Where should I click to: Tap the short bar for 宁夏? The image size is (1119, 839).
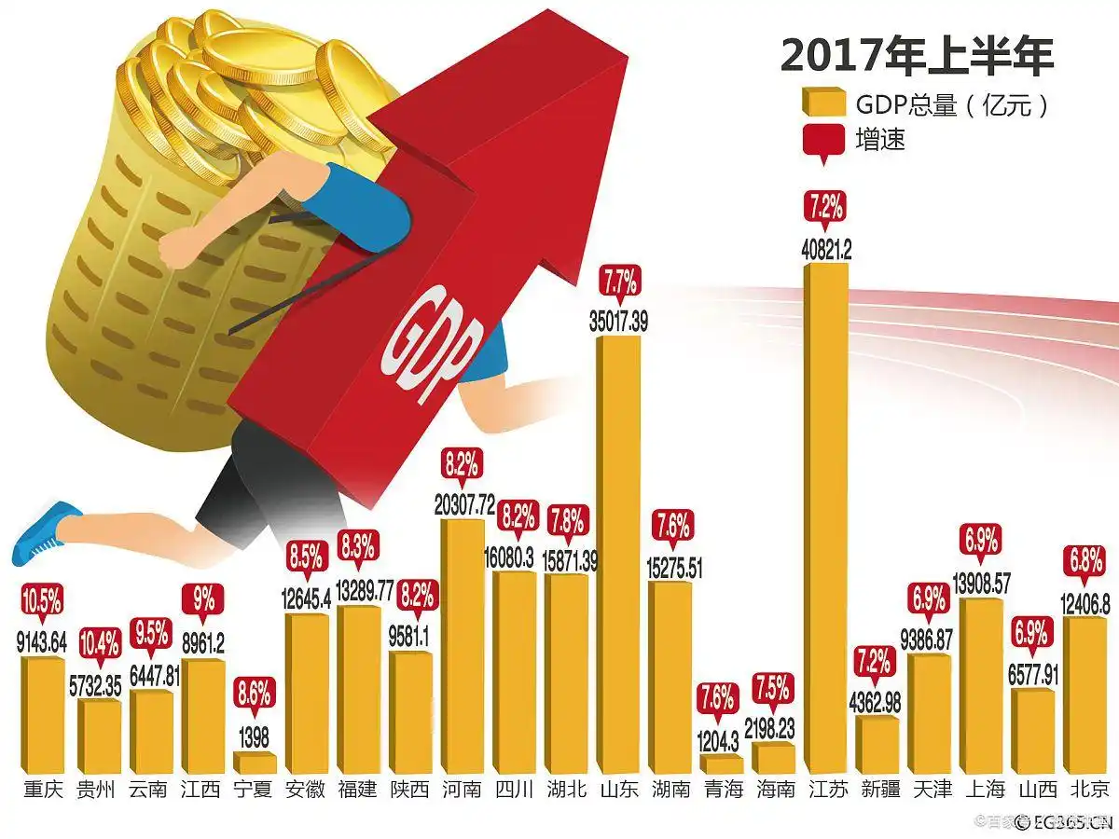[255, 763]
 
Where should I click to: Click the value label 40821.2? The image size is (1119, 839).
[826, 249]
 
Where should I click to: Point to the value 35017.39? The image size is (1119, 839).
[618, 322]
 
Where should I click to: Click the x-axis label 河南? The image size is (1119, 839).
[463, 790]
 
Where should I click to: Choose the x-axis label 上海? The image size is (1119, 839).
[981, 790]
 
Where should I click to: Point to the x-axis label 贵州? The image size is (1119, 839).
[97, 790]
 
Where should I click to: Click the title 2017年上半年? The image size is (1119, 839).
[917, 58]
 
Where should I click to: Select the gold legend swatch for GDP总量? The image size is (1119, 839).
[822, 103]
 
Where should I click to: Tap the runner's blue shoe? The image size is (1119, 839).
[47, 530]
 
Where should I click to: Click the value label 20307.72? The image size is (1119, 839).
[463, 505]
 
